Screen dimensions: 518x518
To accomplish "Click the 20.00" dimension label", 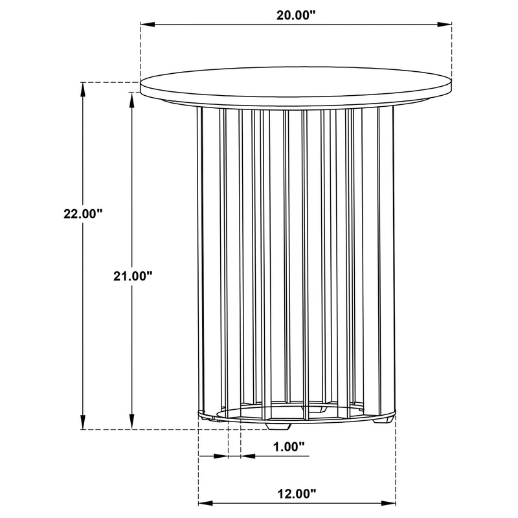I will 296,16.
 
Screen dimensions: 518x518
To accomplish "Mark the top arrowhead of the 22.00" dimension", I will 82,89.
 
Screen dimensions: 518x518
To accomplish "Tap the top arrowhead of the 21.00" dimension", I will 132,98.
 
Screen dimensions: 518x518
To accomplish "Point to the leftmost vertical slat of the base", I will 201,259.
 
